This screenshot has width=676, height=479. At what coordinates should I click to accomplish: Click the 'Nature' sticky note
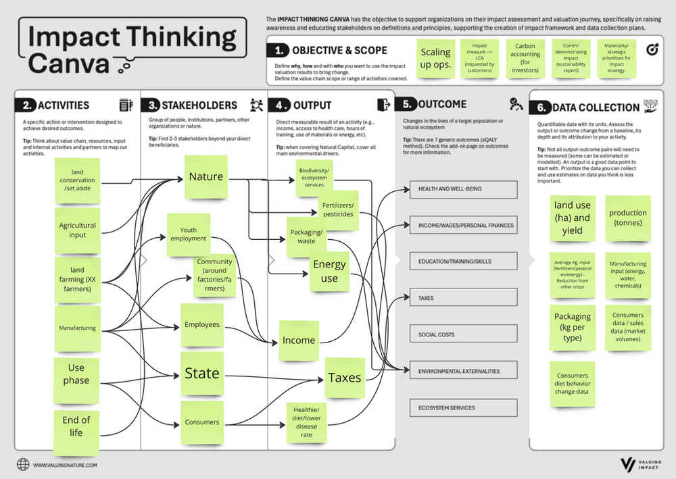pyautogui.click(x=206, y=177)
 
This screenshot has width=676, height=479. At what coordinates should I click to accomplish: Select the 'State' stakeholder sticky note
pyautogui.click(x=202, y=373)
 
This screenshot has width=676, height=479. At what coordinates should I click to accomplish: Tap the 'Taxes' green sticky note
pyautogui.click(x=345, y=378)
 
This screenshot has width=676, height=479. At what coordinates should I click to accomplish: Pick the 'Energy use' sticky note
pyautogui.click(x=329, y=271)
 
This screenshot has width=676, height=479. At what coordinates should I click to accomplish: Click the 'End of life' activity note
pyautogui.click(x=76, y=426)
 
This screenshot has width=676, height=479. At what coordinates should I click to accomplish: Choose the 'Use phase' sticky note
pyautogui.click(x=76, y=374)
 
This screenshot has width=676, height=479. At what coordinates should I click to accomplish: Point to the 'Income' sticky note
pyautogui.click(x=298, y=341)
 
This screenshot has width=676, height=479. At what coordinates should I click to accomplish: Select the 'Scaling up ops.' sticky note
pyautogui.click(x=435, y=58)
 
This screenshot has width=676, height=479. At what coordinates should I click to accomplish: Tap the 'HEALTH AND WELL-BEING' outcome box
pyautogui.click(x=463, y=189)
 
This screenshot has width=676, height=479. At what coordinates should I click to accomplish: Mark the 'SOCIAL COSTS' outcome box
pyautogui.click(x=463, y=334)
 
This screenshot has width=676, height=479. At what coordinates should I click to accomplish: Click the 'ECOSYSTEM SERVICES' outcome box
pyautogui.click(x=463, y=408)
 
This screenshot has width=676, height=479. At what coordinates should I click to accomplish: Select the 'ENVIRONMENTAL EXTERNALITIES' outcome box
pyautogui.click(x=463, y=371)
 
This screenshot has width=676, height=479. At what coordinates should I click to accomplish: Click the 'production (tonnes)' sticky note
pyautogui.click(x=628, y=218)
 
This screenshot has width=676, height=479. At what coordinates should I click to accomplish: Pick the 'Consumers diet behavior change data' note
pyautogui.click(x=573, y=384)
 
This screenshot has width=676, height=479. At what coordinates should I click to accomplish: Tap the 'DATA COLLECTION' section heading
pyautogui.click(x=596, y=107)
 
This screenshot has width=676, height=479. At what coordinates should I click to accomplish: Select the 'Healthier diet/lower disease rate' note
pyautogui.click(x=307, y=421)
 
